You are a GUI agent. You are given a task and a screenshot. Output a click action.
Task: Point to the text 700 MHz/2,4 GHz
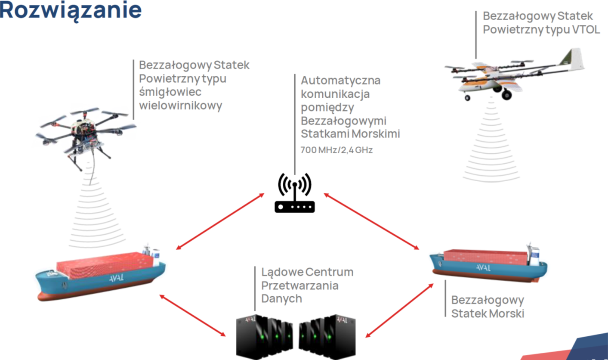coord(337,150)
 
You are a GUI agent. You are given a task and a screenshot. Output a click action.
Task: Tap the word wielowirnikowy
coord(181,106)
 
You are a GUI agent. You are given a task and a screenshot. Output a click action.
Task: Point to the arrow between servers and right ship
coord(399,310)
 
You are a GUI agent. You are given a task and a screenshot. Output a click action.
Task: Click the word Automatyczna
coord(341,81)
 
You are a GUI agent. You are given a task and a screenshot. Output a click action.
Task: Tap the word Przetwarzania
coord(300,286)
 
